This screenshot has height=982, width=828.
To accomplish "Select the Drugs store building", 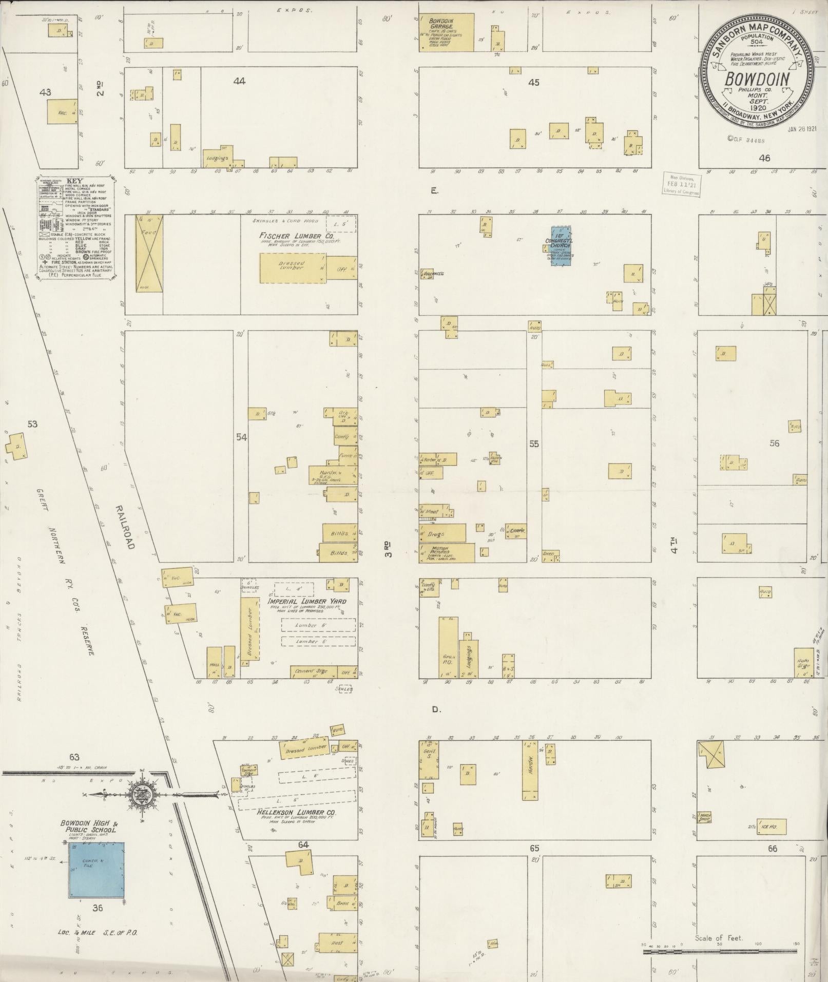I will tap(442, 533).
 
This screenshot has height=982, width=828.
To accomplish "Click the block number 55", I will tap(534, 444).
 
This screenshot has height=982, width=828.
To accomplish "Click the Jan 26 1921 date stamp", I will tap(801, 129).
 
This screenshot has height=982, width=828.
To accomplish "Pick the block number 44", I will tap(239, 81).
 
